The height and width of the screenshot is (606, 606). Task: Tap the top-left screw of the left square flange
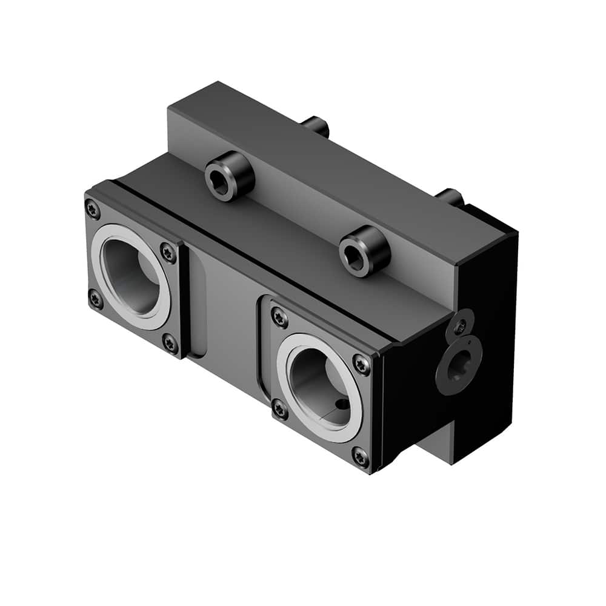93,210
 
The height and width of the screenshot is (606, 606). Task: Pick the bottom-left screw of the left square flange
95,299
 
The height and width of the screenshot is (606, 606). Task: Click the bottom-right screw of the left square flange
170,344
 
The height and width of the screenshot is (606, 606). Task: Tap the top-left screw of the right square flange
279,316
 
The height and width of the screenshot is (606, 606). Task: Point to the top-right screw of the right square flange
361,364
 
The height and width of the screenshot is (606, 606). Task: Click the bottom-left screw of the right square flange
279,409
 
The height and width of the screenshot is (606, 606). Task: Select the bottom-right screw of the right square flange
360,456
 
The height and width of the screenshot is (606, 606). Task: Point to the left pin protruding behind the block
316,125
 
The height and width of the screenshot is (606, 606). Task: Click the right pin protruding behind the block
450,196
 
